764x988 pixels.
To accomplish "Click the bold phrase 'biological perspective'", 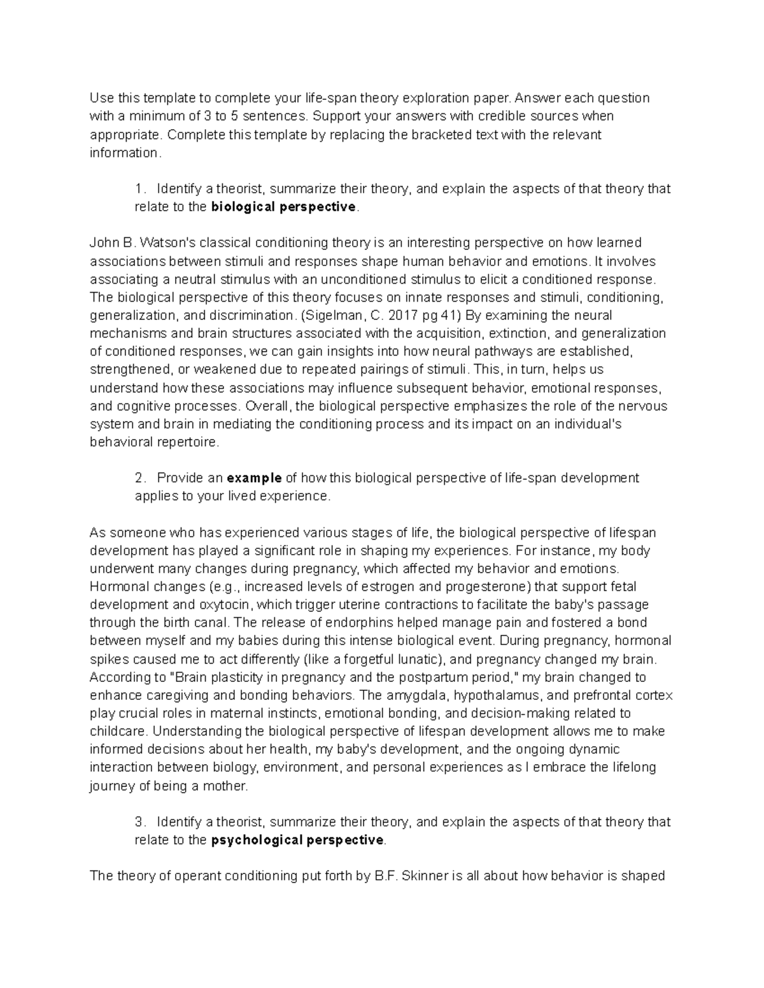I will click(x=284, y=207).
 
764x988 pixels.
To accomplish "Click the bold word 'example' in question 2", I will click(x=255, y=478).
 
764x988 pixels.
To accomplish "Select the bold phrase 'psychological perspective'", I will click(x=297, y=840).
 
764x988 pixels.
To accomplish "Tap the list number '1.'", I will click(x=141, y=189).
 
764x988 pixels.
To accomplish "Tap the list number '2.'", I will click(x=141, y=478).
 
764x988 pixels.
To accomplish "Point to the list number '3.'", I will click(x=141, y=822).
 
